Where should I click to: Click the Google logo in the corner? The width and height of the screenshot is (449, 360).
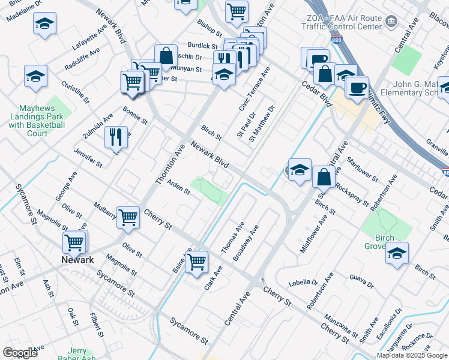[20, 353]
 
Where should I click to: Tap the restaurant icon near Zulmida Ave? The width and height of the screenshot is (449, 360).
[115, 136]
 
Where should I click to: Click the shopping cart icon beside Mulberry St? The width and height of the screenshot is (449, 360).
[128, 217]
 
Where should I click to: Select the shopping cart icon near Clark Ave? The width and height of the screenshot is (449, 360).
[197, 262]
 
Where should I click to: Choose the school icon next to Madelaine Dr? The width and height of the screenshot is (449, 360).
[44, 25]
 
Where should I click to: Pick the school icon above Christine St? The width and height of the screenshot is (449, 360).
[35, 76]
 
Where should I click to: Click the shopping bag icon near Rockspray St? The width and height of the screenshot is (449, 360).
[324, 176]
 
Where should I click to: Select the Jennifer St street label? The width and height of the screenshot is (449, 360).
[88, 155]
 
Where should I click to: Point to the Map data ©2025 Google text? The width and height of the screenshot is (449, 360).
[412, 355]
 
